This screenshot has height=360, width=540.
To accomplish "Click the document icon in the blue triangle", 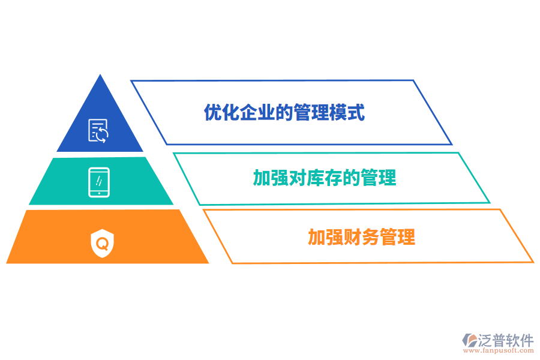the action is pos(98,131).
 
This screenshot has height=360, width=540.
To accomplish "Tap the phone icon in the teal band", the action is pos(99,182).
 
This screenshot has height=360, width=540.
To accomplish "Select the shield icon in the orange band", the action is pos(102,243).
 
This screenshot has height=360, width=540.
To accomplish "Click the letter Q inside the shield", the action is pos(102,244).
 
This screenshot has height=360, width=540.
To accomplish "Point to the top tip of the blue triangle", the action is pos(100,74).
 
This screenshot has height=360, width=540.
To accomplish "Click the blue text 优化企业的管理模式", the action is pos(284,112).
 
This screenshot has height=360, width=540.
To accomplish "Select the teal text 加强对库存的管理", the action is pos(325,178).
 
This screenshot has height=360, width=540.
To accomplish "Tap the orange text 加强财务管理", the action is pos(361,237).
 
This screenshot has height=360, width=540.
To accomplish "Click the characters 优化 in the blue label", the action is pos(221,112).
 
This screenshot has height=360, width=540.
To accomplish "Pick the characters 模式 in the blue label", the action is pos(347,112).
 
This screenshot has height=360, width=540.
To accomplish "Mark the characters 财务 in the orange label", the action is pos(361,237).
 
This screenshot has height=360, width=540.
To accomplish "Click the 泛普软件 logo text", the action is pos(506,340).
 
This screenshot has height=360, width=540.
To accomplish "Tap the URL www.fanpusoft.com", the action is pos(499,350).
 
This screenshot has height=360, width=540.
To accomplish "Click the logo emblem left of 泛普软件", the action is pos(470,340).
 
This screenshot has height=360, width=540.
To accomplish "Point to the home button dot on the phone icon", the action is pos(99,193).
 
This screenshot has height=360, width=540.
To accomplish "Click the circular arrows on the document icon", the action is pos(102,134).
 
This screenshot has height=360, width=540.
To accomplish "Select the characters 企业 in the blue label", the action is pos(257,112).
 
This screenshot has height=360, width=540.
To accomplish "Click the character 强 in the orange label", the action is pos(334,237).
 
